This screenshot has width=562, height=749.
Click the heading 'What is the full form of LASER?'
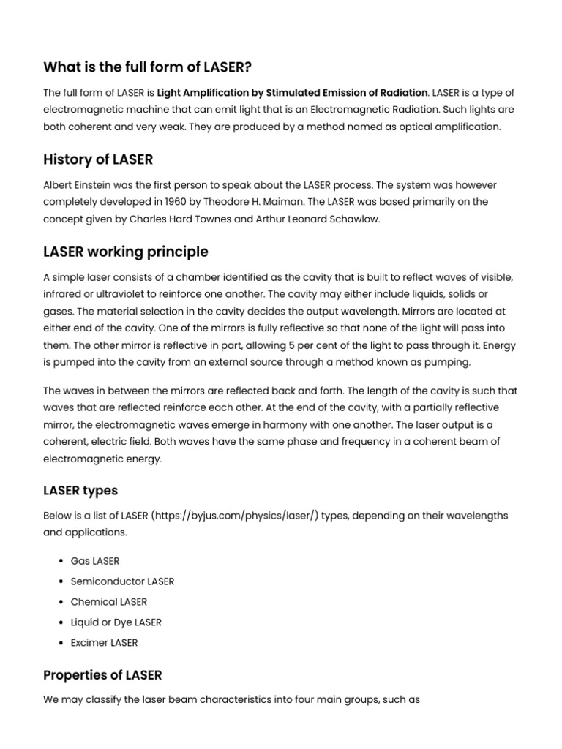point(147,68)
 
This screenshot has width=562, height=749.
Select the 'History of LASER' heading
point(98,159)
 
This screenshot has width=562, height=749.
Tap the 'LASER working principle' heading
point(126,252)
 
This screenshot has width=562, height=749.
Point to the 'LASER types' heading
point(80,490)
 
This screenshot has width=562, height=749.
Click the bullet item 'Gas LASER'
point(94,561)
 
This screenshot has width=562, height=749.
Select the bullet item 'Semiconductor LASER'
point(122,581)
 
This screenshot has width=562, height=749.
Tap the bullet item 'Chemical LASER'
point(108,602)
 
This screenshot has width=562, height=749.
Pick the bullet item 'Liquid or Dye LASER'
point(116,622)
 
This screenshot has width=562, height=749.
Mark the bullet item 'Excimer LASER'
point(104,643)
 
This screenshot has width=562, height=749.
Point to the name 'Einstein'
point(97,185)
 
